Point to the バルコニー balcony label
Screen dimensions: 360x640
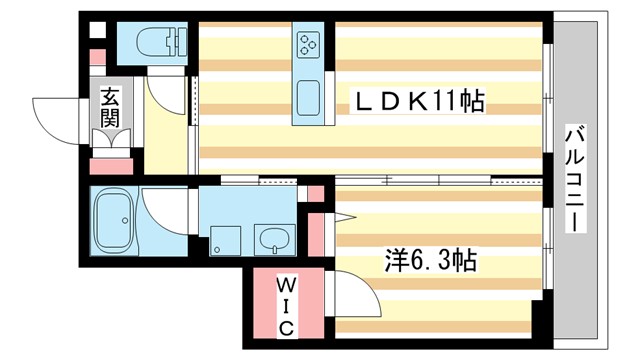576,178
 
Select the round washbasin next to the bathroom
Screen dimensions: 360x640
273,238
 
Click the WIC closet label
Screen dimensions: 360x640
284,305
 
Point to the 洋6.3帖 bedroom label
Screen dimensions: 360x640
431,262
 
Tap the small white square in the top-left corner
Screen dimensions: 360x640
96,29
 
